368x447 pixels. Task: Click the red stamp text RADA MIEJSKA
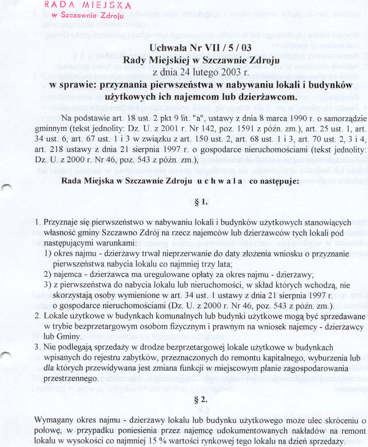(88, 5)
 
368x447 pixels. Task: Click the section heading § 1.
(201, 203)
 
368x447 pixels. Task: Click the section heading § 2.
(201, 400)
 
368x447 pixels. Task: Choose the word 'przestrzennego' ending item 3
(71, 379)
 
